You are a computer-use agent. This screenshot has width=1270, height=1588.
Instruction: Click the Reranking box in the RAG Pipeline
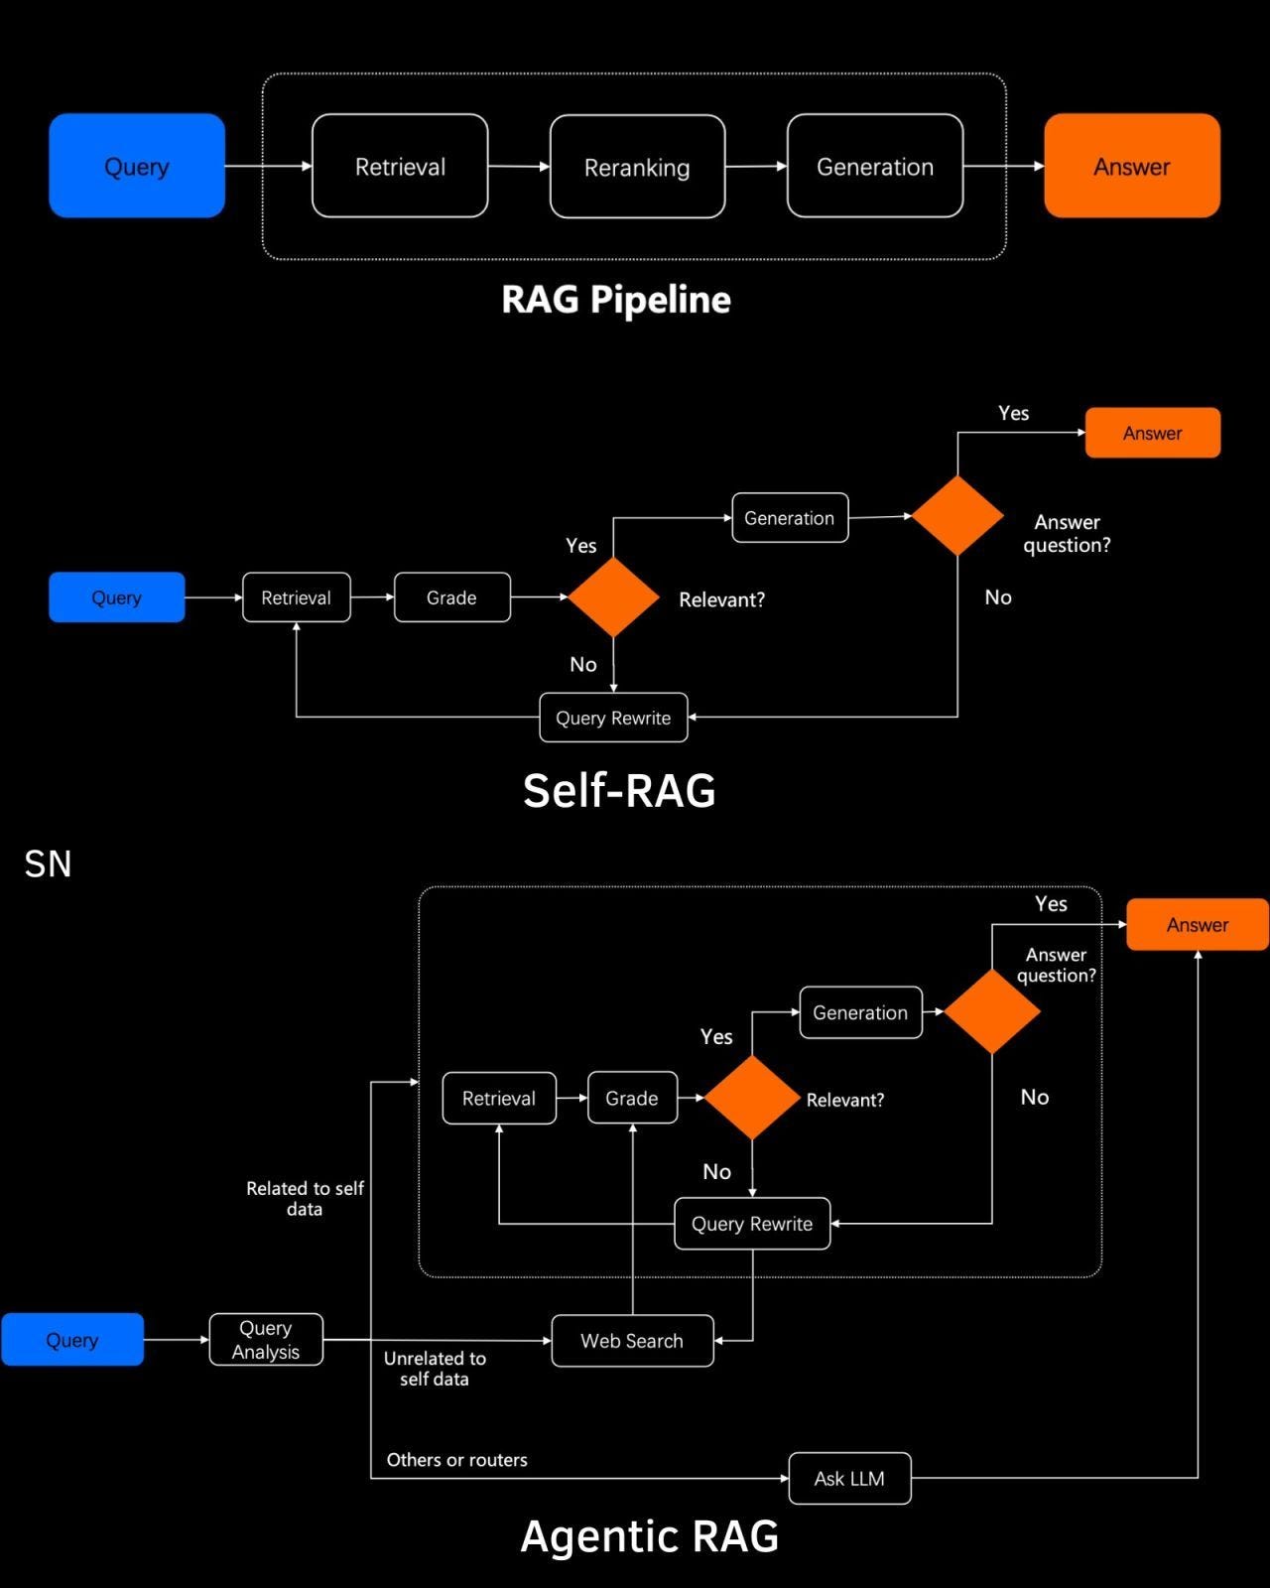coord(637,167)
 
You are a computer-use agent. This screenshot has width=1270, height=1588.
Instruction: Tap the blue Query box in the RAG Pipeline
coord(137,166)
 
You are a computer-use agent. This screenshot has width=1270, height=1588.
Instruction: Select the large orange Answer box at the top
coord(1132,166)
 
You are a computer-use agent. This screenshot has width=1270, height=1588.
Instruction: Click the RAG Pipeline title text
coord(616,300)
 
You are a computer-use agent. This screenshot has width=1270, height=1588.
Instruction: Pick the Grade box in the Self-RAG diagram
coord(451,597)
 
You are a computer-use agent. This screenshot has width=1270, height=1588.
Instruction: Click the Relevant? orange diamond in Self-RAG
coord(613,597)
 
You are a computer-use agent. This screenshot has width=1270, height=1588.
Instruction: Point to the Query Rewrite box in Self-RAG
coord(613,718)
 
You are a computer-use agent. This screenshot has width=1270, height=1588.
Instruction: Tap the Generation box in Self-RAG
coord(790,518)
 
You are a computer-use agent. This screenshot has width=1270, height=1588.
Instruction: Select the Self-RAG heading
coord(619,791)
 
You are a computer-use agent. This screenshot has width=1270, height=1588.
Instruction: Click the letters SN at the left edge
coord(48,864)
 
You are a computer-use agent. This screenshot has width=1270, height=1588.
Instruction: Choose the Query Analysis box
coord(266,1340)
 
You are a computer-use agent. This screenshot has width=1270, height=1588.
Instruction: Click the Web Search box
coord(632,1341)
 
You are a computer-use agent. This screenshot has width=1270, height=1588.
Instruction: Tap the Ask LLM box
coord(849,1479)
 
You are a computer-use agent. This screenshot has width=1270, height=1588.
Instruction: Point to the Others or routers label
coord(456,1460)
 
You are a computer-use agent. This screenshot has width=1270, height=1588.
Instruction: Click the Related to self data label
coord(305,1198)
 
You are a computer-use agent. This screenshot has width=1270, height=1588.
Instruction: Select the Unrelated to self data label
coord(435,1369)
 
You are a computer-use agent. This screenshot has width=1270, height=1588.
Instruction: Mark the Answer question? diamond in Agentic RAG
coord(992,1012)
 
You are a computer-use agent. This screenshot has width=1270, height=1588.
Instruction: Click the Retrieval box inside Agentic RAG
coord(499,1099)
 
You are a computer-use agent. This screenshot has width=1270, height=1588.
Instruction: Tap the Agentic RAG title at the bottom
coord(650,1536)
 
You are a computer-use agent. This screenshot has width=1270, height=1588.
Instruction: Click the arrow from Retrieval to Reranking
coord(519,167)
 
